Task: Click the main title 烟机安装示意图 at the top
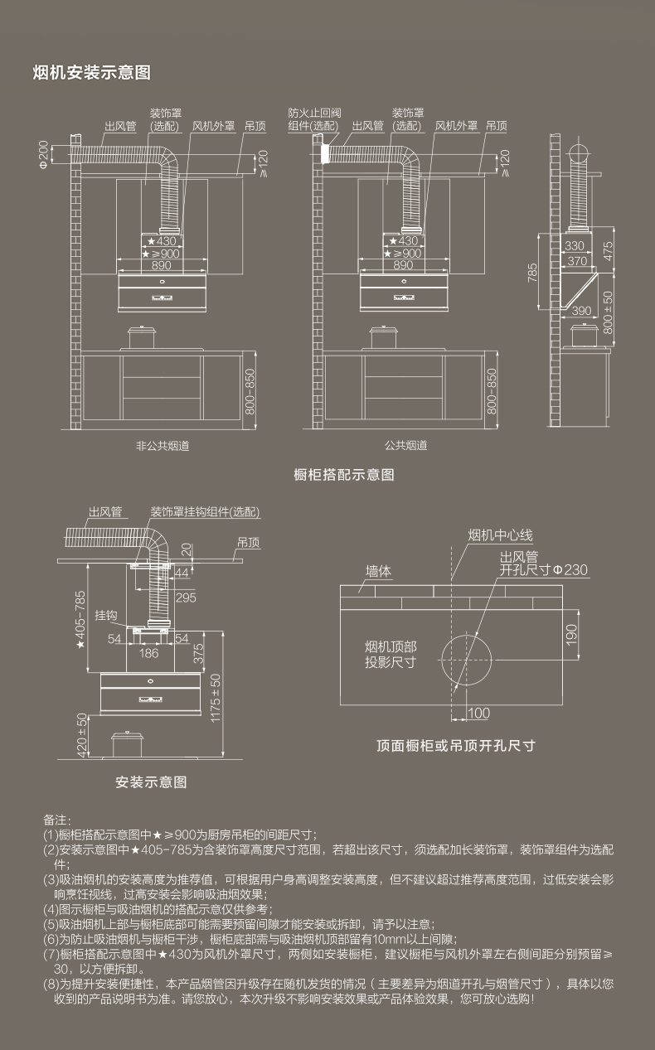click(91, 73)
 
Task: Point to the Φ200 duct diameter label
click(42, 154)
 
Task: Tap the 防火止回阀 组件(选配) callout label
click(313, 119)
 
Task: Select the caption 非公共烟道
click(157, 445)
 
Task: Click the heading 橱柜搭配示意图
click(343, 475)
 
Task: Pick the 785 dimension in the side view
click(532, 271)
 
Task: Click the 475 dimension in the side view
click(608, 249)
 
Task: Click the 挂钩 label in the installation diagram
click(105, 616)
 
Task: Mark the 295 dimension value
click(186, 597)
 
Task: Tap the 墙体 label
click(379, 571)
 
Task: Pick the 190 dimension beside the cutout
click(570, 634)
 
